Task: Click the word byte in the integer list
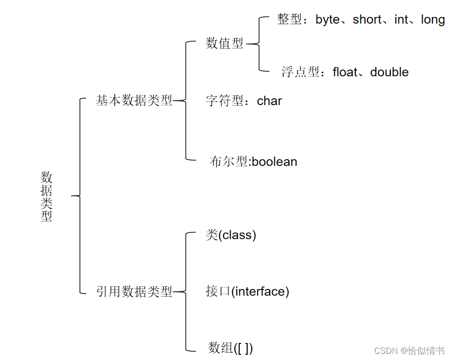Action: point(327,20)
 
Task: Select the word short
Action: point(367,20)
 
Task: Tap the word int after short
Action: point(401,20)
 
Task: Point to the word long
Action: point(432,20)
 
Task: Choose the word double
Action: point(389,72)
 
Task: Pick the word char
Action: point(270,100)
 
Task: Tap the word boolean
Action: point(274,162)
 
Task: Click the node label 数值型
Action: point(224,44)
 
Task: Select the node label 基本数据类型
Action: point(134,100)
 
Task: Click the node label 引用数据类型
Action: point(134,292)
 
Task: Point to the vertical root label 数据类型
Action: point(47,196)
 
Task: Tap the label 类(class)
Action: point(231,235)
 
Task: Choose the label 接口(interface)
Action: point(247,292)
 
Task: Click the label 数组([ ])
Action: point(230,348)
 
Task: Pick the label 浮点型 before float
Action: point(300,72)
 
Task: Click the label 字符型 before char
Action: point(224,100)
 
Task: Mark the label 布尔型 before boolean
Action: point(229,162)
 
